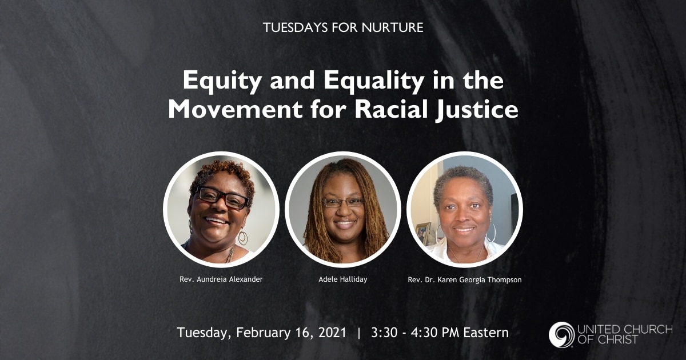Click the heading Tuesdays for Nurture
point(343,27)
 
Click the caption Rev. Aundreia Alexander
point(221,280)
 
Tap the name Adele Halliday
point(342,280)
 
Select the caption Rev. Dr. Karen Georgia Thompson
point(465,280)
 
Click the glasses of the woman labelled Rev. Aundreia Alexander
point(222,197)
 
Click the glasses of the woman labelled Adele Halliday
point(342,202)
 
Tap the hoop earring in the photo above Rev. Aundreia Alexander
point(242,237)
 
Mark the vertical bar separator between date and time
point(359,333)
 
